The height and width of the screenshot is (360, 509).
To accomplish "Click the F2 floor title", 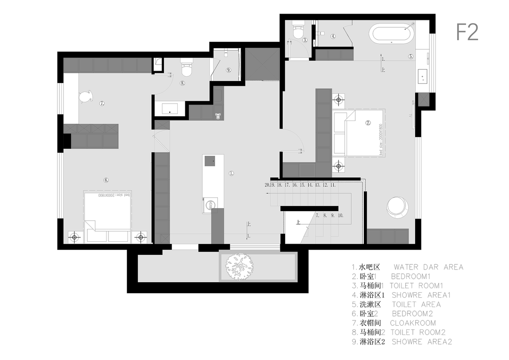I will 467,32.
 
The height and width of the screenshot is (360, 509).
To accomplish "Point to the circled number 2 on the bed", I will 369,123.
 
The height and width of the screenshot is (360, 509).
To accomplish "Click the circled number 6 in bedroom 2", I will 106,180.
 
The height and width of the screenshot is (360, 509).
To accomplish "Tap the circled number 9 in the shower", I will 229,70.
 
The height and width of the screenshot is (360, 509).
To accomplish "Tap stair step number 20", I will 267,185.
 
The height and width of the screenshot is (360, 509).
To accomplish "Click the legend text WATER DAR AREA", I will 428,267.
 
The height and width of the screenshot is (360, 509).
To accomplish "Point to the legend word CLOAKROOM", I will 413,323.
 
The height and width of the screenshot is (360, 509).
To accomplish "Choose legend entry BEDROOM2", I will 412,314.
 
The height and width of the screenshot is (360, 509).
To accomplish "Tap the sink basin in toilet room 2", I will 169,109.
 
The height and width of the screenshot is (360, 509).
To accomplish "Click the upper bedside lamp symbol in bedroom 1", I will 338,99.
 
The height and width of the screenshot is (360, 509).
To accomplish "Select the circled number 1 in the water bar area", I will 231,173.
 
